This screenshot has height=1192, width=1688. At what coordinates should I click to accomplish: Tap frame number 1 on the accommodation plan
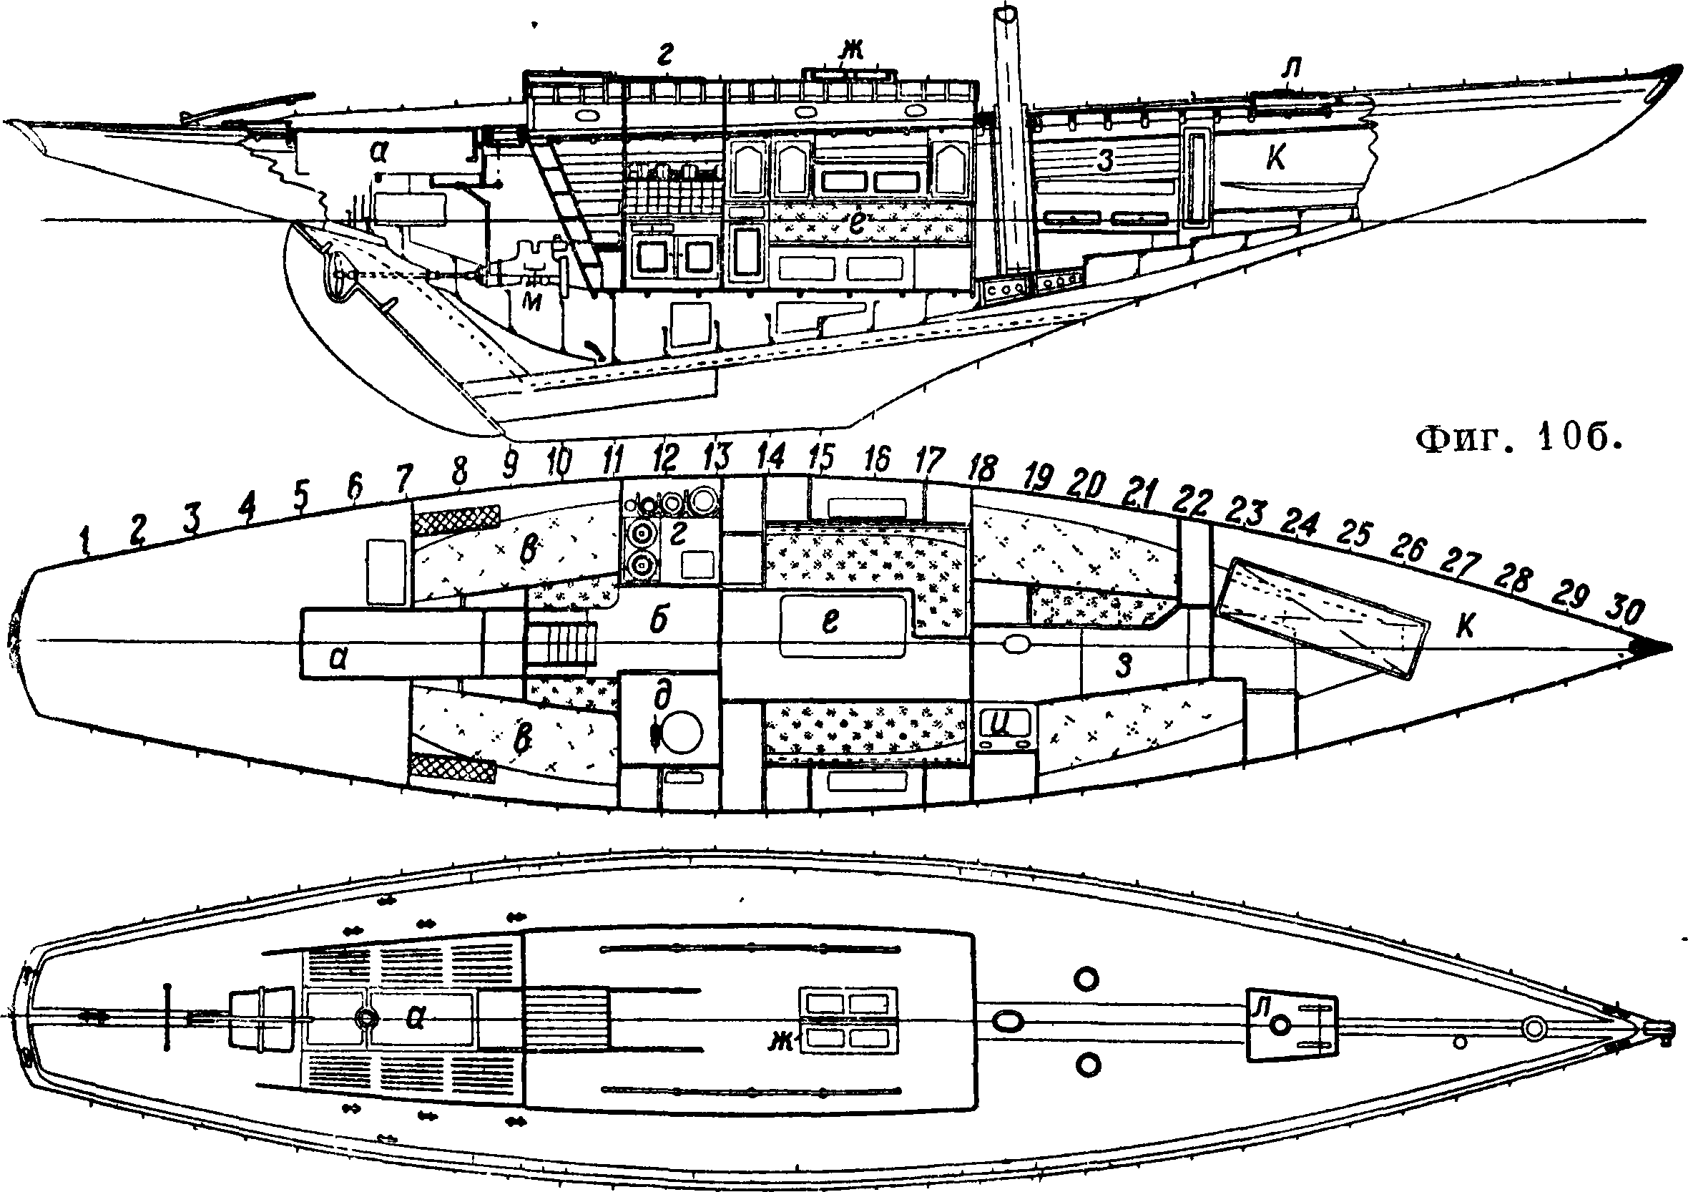(87, 542)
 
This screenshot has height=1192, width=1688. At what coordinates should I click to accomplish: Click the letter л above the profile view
(1290, 69)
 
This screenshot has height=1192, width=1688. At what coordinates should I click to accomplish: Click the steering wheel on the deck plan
(365, 1017)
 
